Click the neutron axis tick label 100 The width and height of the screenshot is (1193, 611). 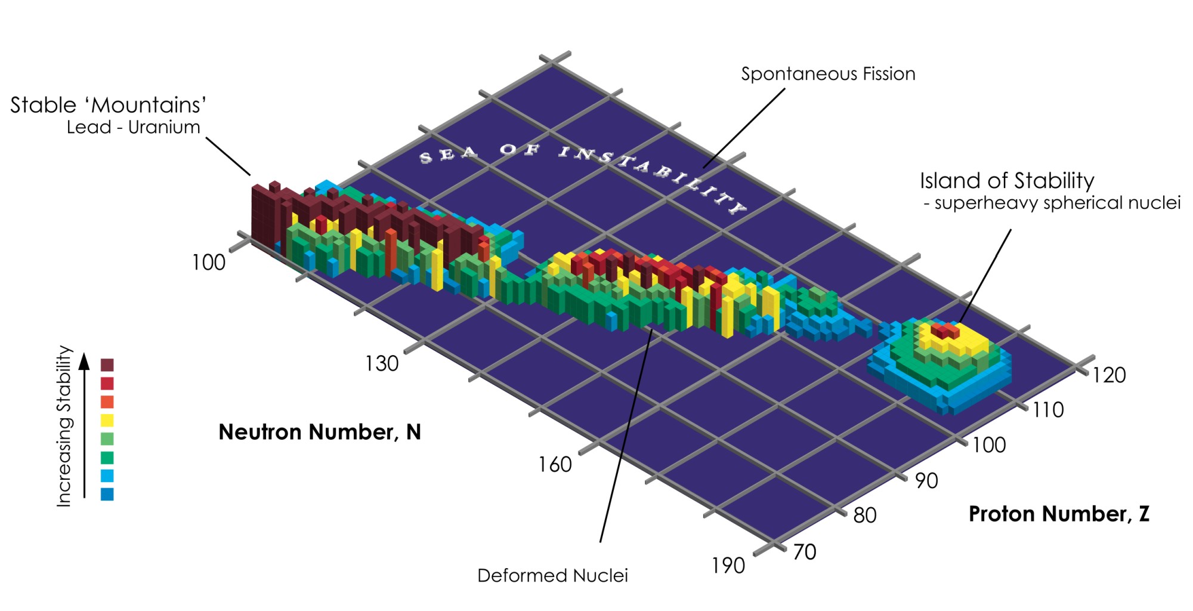pyautogui.click(x=208, y=263)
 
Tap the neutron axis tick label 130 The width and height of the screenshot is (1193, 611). pyautogui.click(x=382, y=363)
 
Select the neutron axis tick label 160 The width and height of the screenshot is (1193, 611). pyautogui.click(x=555, y=465)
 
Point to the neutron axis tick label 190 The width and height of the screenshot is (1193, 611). pyautogui.click(x=728, y=566)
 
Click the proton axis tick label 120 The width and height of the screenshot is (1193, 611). pyautogui.click(x=1109, y=375)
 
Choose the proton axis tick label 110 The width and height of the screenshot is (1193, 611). pyautogui.click(x=1048, y=410)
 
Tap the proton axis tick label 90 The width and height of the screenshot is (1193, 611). pyautogui.click(x=926, y=481)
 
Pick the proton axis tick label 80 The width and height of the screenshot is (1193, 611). pyautogui.click(x=865, y=516)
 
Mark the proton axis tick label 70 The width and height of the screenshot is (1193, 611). pyautogui.click(x=804, y=552)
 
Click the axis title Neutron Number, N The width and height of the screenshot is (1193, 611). pyautogui.click(x=320, y=432)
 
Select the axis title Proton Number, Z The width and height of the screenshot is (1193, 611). pyautogui.click(x=1059, y=514)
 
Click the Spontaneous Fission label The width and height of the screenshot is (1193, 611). pyautogui.click(x=828, y=74)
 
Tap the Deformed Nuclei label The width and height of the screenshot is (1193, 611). pyautogui.click(x=552, y=576)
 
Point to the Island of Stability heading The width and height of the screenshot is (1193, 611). pyautogui.click(x=1007, y=181)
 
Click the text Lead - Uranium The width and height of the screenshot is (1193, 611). pyautogui.click(x=133, y=128)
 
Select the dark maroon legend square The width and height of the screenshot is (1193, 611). pyautogui.click(x=107, y=365)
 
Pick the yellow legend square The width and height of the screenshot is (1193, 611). pyautogui.click(x=107, y=420)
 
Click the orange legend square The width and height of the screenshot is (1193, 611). pyautogui.click(x=107, y=402)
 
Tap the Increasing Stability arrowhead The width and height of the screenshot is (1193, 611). pyautogui.click(x=85, y=360)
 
